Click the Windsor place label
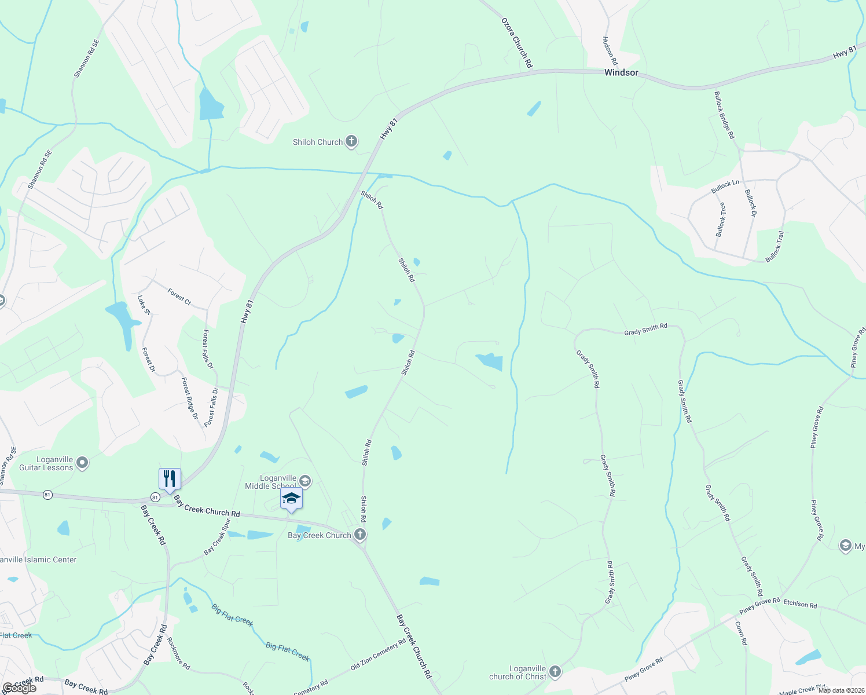(x=621, y=73)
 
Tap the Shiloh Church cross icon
(x=351, y=141)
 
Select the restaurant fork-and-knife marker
(x=170, y=479)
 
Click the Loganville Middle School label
(x=270, y=482)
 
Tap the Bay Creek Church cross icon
(x=360, y=535)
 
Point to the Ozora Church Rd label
(x=516, y=42)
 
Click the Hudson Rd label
(x=610, y=51)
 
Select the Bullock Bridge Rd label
(x=724, y=115)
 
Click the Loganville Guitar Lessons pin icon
(x=82, y=463)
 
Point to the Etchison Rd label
(x=800, y=604)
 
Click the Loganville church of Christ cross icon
(x=555, y=672)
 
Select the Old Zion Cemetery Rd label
(x=379, y=655)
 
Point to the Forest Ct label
(x=179, y=297)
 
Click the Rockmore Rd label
(x=178, y=653)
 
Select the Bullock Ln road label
(x=725, y=187)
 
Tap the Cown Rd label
(x=741, y=633)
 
